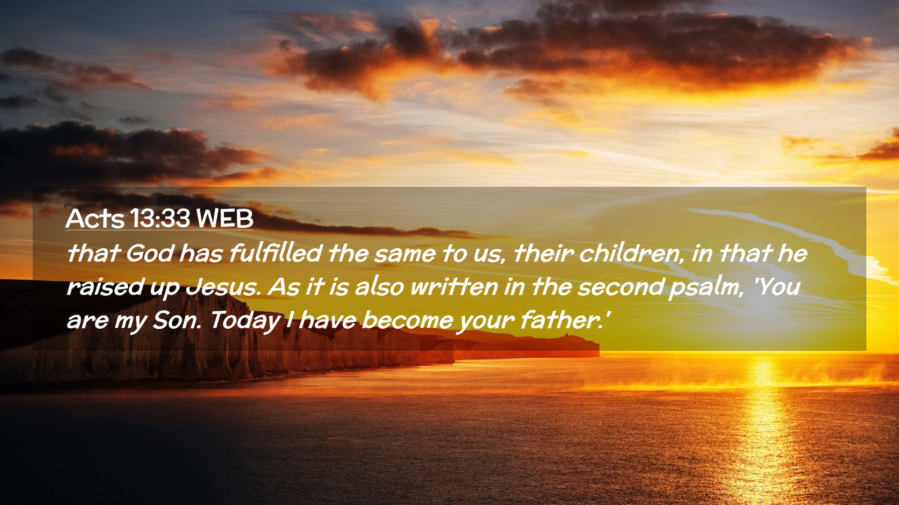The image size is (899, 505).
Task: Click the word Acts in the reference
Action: pos(95,218)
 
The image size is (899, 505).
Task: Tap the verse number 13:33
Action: pos(160,218)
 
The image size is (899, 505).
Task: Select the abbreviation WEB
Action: pos(225,218)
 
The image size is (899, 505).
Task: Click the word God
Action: pos(150,253)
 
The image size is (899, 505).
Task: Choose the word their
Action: pos(543,253)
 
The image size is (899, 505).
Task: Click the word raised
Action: pos(105,287)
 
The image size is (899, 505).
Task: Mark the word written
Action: pos(454,287)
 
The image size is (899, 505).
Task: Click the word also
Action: pos(379,287)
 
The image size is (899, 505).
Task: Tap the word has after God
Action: pos(201,253)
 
